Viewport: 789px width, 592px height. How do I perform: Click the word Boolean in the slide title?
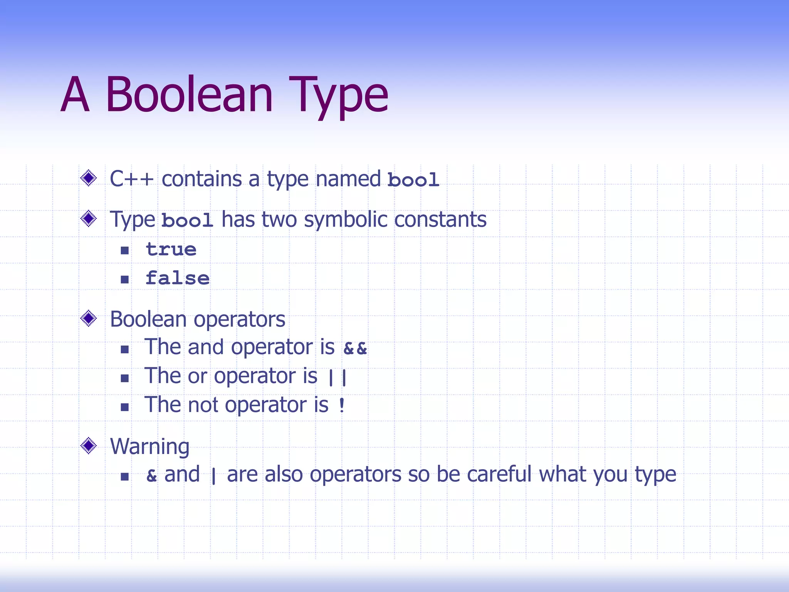[x=189, y=94]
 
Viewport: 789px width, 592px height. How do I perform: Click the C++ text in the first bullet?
[x=131, y=179]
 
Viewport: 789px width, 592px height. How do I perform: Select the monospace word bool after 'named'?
[x=413, y=180]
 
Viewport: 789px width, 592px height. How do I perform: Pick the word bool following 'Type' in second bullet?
[x=187, y=220]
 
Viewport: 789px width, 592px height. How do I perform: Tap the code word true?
[x=171, y=250]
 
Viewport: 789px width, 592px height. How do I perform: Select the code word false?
[x=178, y=278]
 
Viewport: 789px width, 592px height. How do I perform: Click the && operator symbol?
[x=355, y=348]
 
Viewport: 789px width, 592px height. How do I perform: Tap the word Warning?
[x=149, y=447]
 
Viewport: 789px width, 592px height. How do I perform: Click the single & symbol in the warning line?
[x=151, y=476]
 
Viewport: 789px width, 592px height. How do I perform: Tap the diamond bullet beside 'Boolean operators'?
[x=89, y=318]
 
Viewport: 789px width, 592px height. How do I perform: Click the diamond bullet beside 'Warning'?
[x=89, y=446]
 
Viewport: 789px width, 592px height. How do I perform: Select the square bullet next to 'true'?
[x=124, y=251]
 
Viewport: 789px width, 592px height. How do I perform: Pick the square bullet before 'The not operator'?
[x=124, y=407]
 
